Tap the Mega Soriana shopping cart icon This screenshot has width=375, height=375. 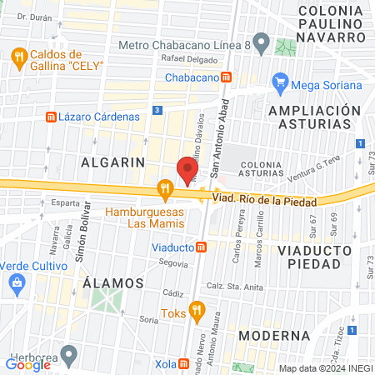click(x=280, y=83)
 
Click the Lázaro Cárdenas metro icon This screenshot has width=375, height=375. click(x=51, y=117)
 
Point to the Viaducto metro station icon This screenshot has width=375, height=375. click(x=201, y=247)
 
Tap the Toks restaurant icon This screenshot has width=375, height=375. click(x=197, y=312)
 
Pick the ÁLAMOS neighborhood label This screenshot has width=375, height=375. click(x=108, y=282)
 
